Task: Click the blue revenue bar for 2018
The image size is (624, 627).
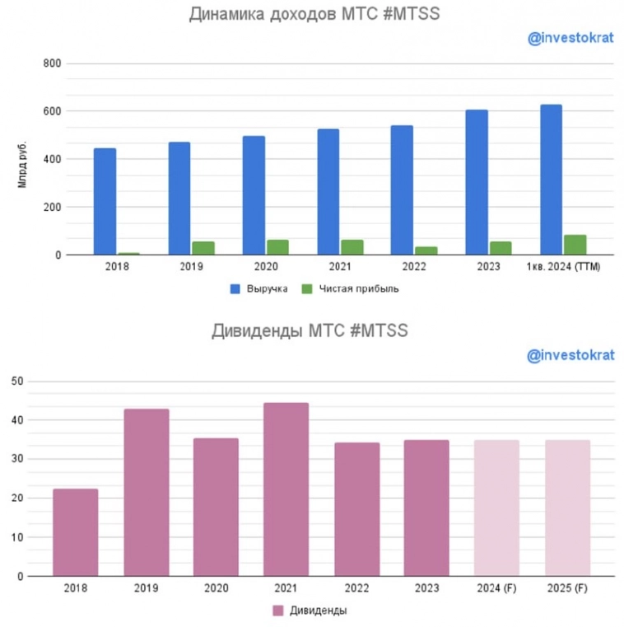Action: pos(105,202)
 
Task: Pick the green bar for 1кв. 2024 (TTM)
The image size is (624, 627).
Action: pos(575,245)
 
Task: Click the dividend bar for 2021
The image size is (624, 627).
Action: pos(286,489)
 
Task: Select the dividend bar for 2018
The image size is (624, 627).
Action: pos(75,532)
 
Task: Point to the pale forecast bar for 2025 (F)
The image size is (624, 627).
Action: pos(568,508)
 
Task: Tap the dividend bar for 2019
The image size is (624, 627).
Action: pos(146,493)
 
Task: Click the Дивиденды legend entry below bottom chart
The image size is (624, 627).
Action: pos(317,611)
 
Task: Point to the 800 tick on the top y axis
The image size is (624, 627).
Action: pos(52,63)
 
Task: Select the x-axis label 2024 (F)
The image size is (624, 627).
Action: pos(497,589)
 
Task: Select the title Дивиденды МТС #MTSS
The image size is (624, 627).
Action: pos(310,331)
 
